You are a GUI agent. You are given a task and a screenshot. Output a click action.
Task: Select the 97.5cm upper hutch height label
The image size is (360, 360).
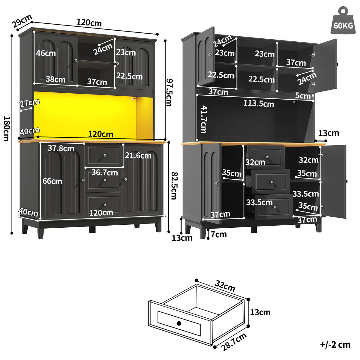pyautogui.click(x=169, y=92)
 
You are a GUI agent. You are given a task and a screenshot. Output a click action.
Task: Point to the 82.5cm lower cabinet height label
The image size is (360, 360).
pyautogui.click(x=173, y=185)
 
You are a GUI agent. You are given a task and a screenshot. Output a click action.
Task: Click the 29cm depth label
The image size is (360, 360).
pyautogui.click(x=22, y=21)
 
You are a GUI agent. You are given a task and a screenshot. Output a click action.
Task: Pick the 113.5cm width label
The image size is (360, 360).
pyautogui.click(x=258, y=103)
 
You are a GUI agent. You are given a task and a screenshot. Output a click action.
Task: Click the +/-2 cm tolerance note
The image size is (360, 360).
pyautogui.click(x=335, y=345)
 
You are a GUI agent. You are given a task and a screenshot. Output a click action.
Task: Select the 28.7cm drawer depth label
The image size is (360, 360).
pyautogui.click(x=234, y=342)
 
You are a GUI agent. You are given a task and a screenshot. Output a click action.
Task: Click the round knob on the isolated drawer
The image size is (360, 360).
pyautogui.click(x=179, y=323)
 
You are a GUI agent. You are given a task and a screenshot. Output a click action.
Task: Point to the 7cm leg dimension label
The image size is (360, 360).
pyautogui.click(x=218, y=234)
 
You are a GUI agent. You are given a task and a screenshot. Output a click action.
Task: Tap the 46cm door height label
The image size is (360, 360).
pyautogui.click(x=46, y=53)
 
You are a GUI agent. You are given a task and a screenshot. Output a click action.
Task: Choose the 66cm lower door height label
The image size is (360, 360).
pyautogui.click(x=52, y=181)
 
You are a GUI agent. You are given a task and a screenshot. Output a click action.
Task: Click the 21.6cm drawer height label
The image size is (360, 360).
pyautogui.click(x=138, y=155)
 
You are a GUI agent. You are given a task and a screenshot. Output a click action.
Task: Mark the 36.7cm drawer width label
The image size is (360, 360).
pyautogui.click(x=105, y=172)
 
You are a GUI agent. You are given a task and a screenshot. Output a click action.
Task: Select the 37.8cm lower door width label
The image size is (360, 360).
pyautogui.click(x=61, y=148)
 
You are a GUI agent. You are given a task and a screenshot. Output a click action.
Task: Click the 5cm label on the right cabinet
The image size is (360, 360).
pyautogui.click(x=303, y=96)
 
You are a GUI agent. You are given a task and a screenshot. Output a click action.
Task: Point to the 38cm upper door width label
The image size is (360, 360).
pyautogui.click(x=55, y=79)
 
